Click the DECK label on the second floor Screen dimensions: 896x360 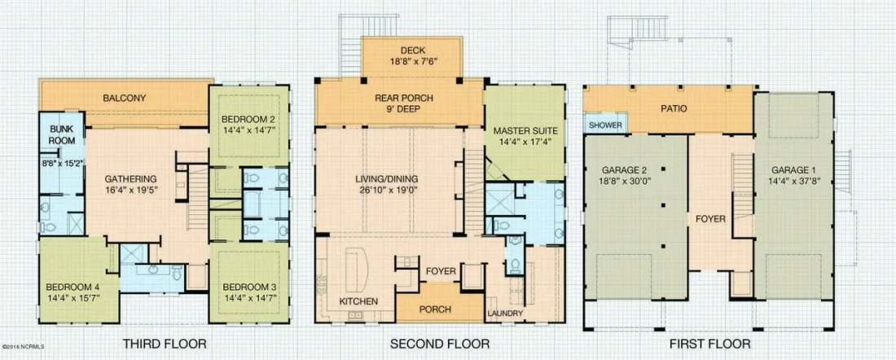pos(411,50)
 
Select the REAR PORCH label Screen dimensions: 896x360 pos(404,98)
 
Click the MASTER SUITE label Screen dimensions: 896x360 pos(525,130)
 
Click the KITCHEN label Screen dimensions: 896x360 pos(358,301)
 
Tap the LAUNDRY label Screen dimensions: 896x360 pos(505,314)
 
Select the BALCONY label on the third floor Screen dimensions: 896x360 pos(125,99)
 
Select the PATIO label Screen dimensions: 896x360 pos(671,108)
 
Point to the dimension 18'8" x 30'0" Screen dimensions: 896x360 pos(635,182)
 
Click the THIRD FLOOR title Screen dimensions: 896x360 pos(165,344)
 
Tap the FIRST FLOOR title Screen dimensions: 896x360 pos(709,344)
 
